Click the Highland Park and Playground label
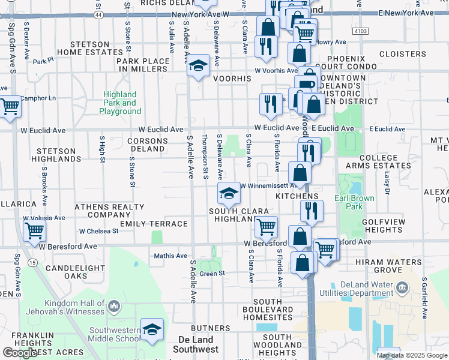(x=120, y=103)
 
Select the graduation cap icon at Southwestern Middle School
(x=152, y=329)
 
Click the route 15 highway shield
(x=32, y=263)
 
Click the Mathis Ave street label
(x=170, y=256)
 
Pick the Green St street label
(x=212, y=274)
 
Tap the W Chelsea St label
(x=98, y=231)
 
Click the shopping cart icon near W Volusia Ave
(x=34, y=230)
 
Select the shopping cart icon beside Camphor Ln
(x=10, y=107)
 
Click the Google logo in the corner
(x=20, y=353)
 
